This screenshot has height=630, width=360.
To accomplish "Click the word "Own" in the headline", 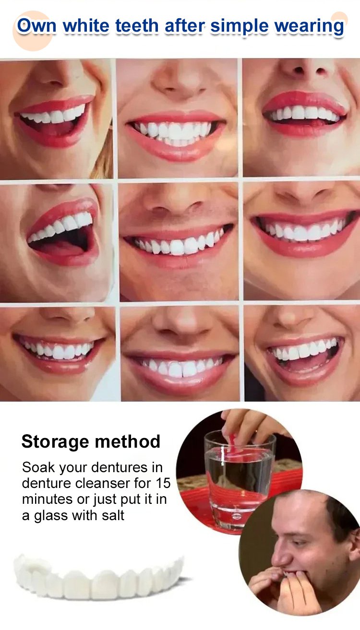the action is point(37,26).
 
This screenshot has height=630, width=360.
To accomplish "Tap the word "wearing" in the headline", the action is point(309,27).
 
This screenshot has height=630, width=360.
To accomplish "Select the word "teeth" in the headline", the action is point(137,26).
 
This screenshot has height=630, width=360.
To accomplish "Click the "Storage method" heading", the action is point(91,441).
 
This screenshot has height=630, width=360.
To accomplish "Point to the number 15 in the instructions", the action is point(163,483).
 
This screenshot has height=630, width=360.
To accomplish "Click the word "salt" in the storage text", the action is point(113,515).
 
